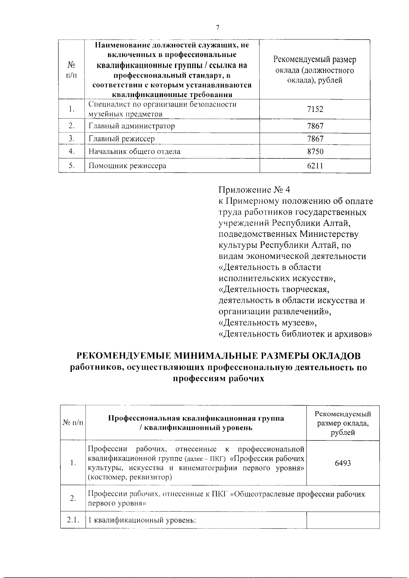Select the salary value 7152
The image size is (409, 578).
(315, 109)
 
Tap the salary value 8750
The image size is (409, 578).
(315, 152)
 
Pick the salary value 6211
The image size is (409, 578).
(315, 166)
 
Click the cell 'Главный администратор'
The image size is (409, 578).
(132, 126)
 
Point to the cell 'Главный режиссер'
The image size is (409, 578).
(122, 139)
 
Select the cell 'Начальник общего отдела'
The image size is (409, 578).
(134, 152)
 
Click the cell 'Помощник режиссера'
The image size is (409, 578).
(127, 166)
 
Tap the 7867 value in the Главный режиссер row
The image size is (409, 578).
(315, 139)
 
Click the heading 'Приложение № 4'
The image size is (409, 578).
(254, 190)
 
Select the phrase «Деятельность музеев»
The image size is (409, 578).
(270, 323)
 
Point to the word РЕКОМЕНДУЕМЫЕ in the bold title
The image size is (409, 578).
(124, 356)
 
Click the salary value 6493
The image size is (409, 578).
(343, 463)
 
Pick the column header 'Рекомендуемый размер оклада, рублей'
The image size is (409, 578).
(343, 423)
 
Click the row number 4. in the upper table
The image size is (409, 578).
(71, 152)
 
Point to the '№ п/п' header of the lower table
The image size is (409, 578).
(73, 423)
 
